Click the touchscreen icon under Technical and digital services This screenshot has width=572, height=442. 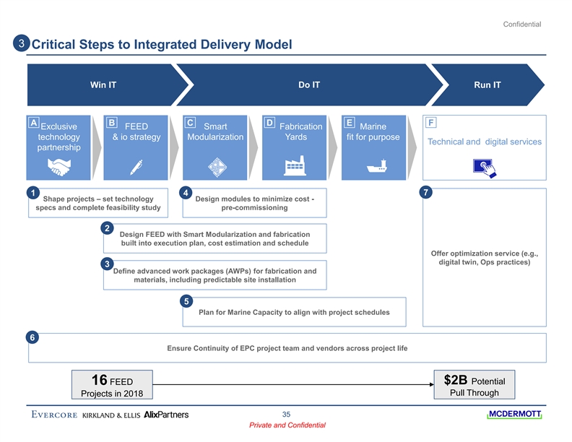[484, 167]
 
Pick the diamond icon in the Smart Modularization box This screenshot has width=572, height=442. [216, 167]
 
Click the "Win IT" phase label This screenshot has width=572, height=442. [103, 85]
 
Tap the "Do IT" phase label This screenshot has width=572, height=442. [309, 85]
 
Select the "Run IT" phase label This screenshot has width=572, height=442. [487, 85]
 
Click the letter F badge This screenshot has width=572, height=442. [431, 123]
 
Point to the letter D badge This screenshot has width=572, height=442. [269, 123]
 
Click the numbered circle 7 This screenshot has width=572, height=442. [428, 193]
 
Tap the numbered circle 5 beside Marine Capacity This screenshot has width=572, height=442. [186, 301]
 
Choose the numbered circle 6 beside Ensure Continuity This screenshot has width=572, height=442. [32, 337]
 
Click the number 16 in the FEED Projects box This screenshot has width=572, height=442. [100, 380]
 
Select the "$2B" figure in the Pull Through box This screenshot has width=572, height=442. [456, 380]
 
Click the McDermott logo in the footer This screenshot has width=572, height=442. [514, 415]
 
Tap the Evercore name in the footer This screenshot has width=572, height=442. [55, 415]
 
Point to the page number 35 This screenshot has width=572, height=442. [286, 414]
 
